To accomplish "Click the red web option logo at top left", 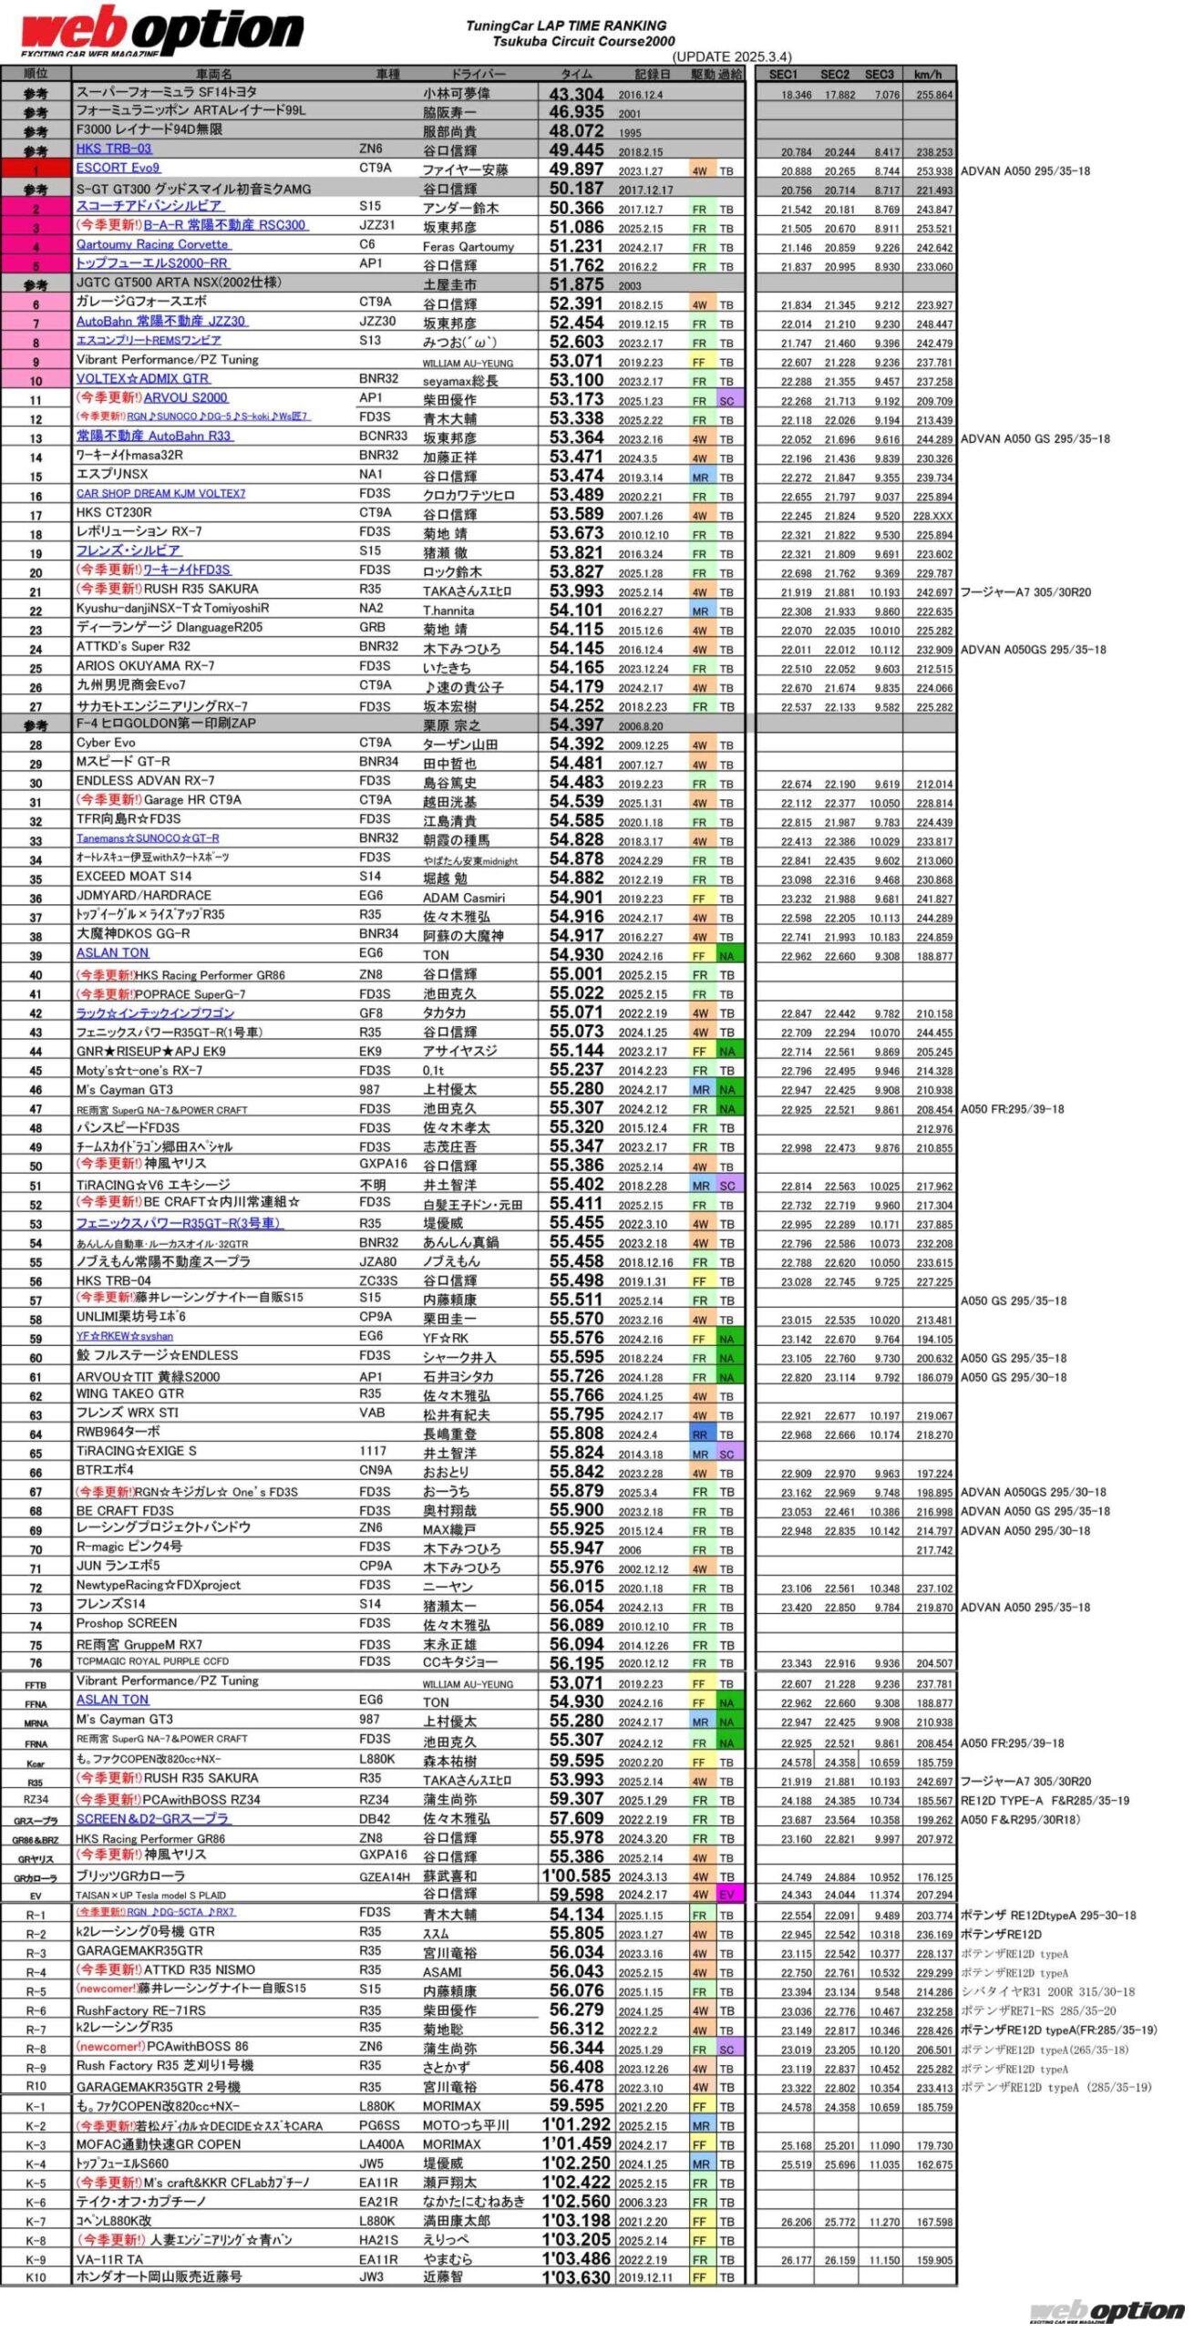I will coord(161,32).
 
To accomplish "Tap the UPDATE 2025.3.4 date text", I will coord(732,57).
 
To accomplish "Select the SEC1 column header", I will coord(783,74).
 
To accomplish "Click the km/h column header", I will coord(928,74).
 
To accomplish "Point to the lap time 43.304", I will coord(576,94).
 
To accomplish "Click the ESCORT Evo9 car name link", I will coord(118,168).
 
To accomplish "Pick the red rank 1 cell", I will coord(36,170).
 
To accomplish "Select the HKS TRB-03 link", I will coord(114,149).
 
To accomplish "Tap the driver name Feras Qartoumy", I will coord(468,246).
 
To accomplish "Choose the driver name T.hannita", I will coord(448,611).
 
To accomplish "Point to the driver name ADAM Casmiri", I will coord(463,898).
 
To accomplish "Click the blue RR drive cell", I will coord(699,1434).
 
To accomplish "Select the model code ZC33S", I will coord(377,1280).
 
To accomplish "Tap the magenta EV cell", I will coord(726,1895).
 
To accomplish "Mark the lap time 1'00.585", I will coord(576,1876).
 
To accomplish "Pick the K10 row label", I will coord(36,2276).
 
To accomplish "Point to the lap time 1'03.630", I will coord(576,2276).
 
